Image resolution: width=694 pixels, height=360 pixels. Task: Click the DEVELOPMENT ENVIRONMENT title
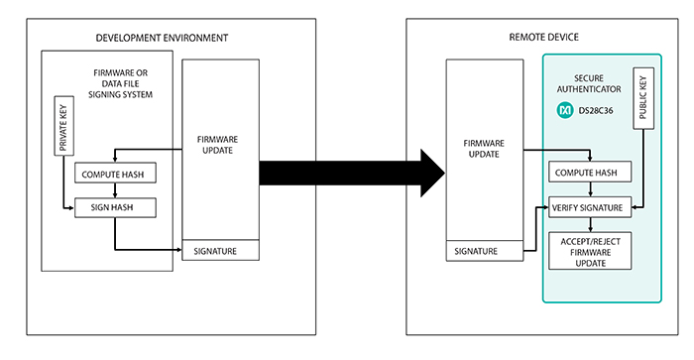click(162, 38)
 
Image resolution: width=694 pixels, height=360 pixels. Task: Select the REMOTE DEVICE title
click(542, 38)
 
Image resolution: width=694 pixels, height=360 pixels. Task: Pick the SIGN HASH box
click(110, 208)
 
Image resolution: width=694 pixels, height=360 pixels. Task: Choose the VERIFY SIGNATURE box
click(591, 208)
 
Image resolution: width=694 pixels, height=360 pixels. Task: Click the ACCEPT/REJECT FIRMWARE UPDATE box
click(591, 251)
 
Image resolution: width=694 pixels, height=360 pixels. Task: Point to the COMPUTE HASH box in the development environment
click(110, 174)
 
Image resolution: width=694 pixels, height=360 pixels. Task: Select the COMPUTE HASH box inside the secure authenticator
click(591, 174)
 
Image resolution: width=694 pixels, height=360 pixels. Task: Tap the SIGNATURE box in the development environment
click(220, 251)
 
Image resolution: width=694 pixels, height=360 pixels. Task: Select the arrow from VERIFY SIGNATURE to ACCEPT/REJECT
click(591, 225)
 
